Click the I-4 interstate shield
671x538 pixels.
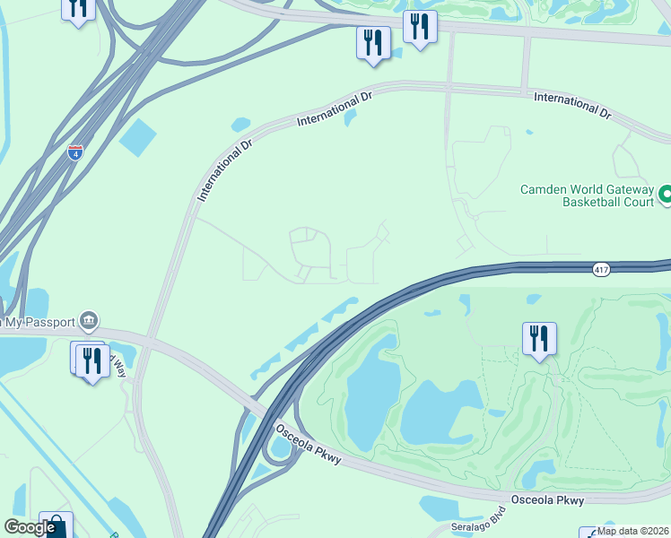tap(76, 152)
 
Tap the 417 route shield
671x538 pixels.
tap(601, 269)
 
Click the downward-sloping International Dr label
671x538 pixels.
tap(572, 104)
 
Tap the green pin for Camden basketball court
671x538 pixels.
tap(666, 194)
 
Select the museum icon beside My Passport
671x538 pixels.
tap(88, 320)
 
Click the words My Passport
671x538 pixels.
tap(39, 321)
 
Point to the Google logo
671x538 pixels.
tap(30, 527)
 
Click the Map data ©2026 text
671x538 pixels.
tap(633, 531)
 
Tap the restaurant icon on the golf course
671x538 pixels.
tap(539, 339)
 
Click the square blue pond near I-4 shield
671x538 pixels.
tap(137, 135)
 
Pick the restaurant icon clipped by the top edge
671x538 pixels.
tap(78, 9)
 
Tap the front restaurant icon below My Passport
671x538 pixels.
tap(92, 360)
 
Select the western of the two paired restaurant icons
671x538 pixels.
tap(372, 42)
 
